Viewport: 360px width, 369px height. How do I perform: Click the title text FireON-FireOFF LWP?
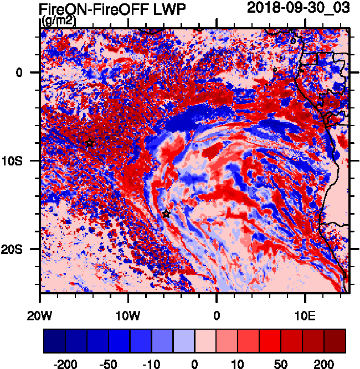(112, 9)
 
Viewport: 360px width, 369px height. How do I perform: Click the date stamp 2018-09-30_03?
(300, 8)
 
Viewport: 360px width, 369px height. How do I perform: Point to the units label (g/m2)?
(59, 21)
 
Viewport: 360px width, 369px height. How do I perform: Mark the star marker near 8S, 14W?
(90, 143)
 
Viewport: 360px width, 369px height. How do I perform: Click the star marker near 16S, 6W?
(166, 214)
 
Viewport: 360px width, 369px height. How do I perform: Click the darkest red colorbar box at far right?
(335, 341)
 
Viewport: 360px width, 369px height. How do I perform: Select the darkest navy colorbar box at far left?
(55, 341)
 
